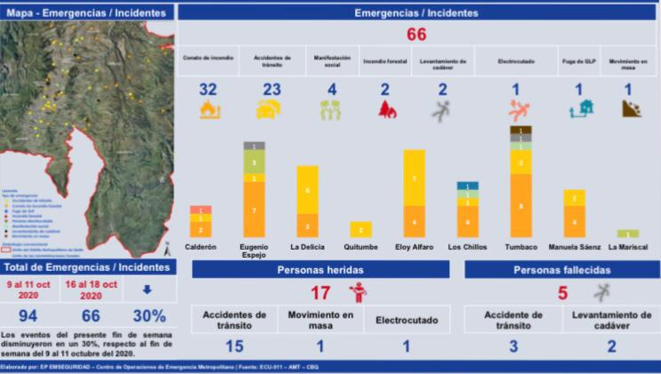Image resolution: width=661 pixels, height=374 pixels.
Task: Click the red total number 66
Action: point(417,34)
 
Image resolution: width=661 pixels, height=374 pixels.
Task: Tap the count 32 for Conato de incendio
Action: point(207,90)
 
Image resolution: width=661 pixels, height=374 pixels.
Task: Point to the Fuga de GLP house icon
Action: point(578,109)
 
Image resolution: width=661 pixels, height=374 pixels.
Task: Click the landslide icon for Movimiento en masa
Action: point(628,110)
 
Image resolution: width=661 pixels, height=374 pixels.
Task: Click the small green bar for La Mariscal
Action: point(629,234)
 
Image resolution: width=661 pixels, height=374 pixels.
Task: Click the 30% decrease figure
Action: point(149,316)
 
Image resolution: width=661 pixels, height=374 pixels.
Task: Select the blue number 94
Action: point(29,316)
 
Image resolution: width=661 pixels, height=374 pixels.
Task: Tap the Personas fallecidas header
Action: point(560,269)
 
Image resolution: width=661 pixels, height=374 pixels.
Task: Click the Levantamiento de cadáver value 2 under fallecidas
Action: point(610,346)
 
